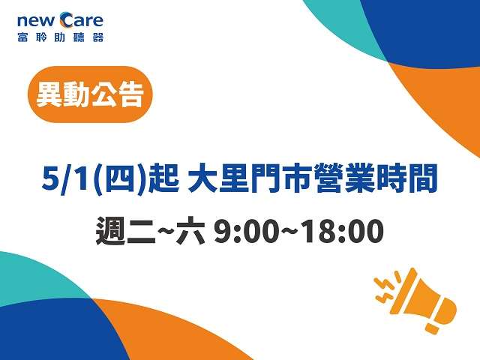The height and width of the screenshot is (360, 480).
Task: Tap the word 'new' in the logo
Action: (36, 21)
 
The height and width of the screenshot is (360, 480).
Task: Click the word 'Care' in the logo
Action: (82, 19)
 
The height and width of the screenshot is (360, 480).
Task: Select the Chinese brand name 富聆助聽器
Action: (60, 37)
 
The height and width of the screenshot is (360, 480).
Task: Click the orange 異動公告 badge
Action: (90, 94)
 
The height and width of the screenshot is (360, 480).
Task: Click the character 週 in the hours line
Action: (111, 231)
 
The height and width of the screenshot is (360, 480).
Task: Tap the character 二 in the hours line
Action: (142, 232)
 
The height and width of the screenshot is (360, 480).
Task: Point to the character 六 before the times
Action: (190, 231)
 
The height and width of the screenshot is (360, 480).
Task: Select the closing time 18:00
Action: (341, 232)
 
